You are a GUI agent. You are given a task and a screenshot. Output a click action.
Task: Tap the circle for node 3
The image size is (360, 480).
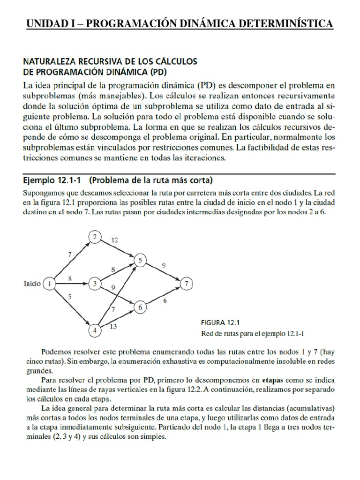[95, 284]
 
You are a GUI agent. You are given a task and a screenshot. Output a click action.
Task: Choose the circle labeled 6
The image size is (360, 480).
[139, 307]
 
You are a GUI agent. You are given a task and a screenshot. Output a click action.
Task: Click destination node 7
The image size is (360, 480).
[187, 284]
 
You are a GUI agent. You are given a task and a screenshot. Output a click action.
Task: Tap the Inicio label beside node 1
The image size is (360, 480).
[31, 284]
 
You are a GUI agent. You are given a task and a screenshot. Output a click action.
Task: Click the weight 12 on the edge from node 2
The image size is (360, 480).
[114, 240]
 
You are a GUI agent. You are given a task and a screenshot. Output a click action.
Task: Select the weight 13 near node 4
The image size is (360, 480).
[113, 327]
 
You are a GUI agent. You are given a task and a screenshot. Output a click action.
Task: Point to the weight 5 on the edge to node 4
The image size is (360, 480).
[70, 296]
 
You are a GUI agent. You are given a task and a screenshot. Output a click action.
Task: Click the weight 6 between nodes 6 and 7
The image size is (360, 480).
[165, 301]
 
